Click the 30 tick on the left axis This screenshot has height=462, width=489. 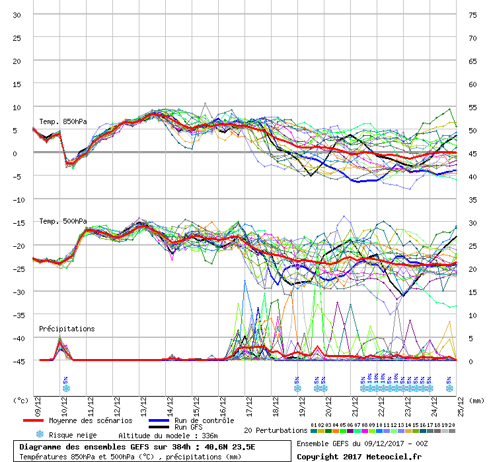coord(17,15)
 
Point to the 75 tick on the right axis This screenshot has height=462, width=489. coord(472,15)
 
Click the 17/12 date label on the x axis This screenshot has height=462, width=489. coord(249,407)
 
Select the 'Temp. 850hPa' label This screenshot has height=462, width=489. coord(63,122)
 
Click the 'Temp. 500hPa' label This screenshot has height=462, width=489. coord(63,222)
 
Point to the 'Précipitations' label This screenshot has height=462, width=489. coord(67,329)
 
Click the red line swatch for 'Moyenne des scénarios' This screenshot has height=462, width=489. coord(33,420)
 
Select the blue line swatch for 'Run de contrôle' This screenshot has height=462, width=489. coord(159,420)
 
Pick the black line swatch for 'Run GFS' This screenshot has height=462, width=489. coord(159,427)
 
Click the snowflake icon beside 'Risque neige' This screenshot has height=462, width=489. coord(40,434)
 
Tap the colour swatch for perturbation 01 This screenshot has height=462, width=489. coord(314,431)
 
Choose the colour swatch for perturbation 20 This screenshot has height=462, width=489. coord(452,431)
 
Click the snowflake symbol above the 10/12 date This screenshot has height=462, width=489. coord(66,389)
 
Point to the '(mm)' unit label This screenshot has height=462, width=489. coord(476,401)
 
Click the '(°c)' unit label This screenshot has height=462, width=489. coord(20,401)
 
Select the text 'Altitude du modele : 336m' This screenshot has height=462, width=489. coord(168,436)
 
